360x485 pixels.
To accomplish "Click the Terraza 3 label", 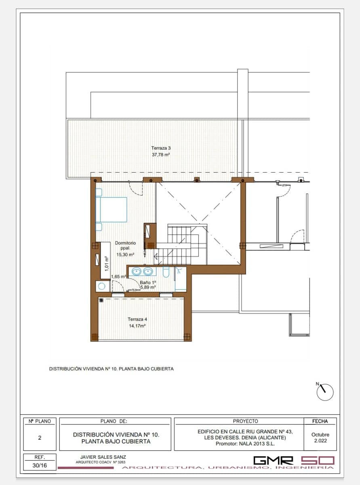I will (161, 148).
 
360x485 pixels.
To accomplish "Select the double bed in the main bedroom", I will (111, 209).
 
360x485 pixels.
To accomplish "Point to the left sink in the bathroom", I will (137, 272).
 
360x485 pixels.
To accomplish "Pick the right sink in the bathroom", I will (148, 272).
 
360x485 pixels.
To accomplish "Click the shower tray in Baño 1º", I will (180, 279).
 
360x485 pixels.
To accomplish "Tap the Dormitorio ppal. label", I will (125, 245).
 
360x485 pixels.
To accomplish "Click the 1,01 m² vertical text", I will (106, 263).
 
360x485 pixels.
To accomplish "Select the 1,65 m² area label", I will (119, 276).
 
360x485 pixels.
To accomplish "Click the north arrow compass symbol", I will (325, 392).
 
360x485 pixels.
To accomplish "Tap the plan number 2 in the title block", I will (40, 438).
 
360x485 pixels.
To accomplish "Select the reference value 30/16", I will (40, 466).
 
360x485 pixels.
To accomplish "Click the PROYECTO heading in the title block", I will (245, 421).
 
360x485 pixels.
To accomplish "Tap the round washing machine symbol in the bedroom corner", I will (101, 287).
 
